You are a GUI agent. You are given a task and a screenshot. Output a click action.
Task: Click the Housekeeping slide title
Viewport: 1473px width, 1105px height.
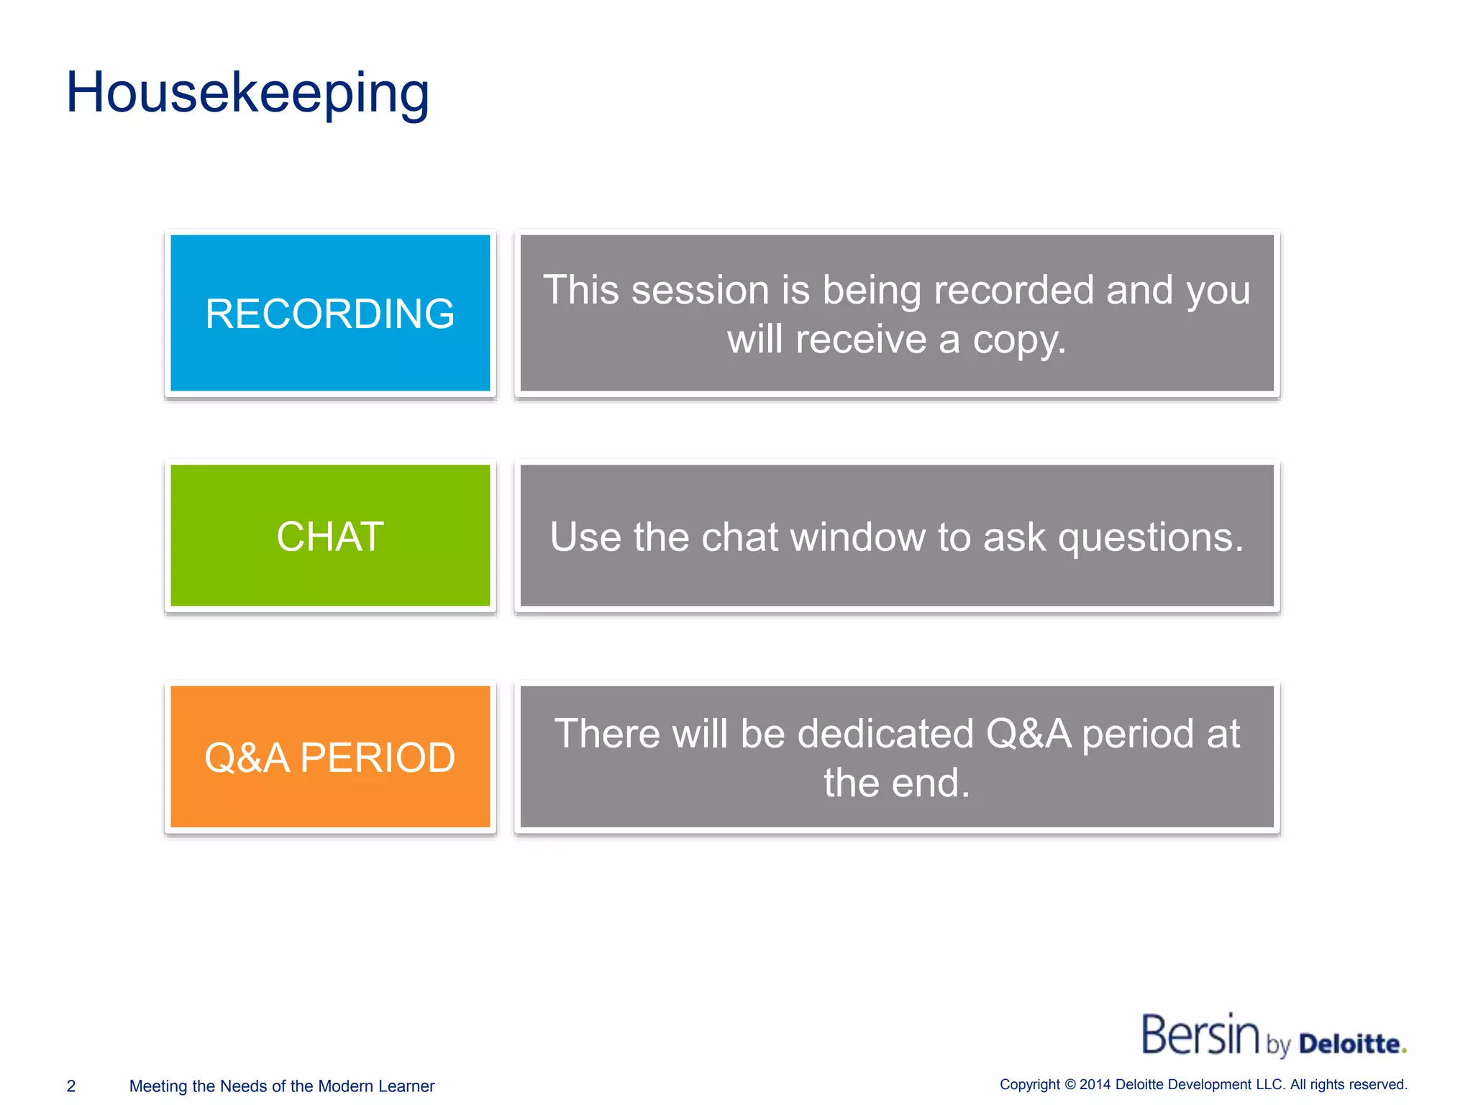(247, 94)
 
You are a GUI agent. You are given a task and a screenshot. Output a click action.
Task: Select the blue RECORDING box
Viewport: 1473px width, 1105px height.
(330, 313)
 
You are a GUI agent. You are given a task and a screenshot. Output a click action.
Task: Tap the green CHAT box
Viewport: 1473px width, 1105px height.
(330, 536)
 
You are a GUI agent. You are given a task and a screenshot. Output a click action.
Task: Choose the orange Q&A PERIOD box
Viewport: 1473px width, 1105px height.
(330, 757)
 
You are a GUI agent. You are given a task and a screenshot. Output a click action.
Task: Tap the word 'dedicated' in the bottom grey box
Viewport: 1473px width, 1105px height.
(885, 734)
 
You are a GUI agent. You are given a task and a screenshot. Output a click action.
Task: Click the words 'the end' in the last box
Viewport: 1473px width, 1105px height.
(896, 783)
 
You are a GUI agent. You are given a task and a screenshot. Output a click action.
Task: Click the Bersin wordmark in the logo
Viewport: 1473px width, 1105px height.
(1200, 1035)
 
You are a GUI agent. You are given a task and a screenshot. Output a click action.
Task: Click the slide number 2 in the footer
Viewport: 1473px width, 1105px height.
(71, 1086)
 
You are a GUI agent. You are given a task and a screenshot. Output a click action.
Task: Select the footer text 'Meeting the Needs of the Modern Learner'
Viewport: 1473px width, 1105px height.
(282, 1086)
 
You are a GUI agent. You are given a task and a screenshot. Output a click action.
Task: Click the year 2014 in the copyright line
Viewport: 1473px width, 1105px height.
(1095, 1084)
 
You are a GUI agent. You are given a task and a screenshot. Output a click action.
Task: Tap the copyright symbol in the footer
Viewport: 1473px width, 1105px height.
(1070, 1084)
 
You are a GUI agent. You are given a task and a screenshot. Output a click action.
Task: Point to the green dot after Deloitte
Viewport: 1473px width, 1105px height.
(1404, 1051)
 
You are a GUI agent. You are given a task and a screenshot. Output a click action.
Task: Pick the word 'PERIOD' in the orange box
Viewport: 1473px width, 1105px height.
(377, 758)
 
